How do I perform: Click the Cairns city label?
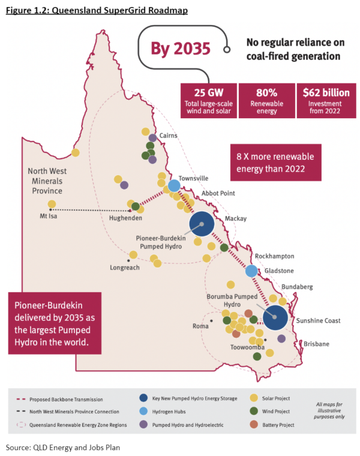click(x=169, y=136)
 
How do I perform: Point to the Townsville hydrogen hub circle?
click(x=174, y=186)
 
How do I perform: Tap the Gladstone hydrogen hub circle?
click(x=253, y=271)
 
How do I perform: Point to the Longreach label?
click(x=125, y=267)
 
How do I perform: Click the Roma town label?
click(x=200, y=326)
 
